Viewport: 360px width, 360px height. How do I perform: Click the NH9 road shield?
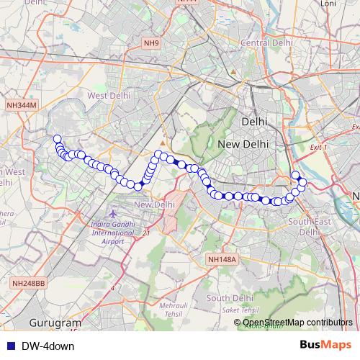click(150, 44)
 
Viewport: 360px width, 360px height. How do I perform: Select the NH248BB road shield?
click(29, 284)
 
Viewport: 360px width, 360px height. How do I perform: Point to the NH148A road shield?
click(220, 258)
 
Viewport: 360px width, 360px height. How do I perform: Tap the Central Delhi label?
click(266, 43)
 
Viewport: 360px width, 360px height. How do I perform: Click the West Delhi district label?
click(109, 95)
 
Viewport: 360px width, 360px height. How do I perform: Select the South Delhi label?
click(230, 298)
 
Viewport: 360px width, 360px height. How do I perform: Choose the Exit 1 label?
click(317, 147)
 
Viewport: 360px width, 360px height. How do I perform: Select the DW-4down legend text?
click(48, 346)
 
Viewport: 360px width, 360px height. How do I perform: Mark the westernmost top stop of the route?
click(57, 138)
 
